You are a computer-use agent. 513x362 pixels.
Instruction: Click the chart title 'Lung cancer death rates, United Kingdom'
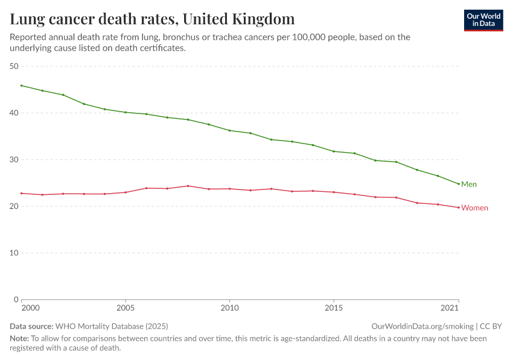pos(152,19)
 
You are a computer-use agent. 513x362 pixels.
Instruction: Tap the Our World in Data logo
pos(483,20)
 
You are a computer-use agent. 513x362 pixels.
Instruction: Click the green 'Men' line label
pos(469,185)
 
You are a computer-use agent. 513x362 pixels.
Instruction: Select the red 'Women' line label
pos(474,208)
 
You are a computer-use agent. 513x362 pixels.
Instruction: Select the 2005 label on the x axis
pos(126,308)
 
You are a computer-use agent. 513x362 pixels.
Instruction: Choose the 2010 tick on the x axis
pos(229,308)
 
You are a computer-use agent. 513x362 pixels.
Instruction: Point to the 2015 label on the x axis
pos(334,308)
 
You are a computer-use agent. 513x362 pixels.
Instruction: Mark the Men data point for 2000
pos(22,86)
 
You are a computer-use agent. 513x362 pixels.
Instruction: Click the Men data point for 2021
pos(459,184)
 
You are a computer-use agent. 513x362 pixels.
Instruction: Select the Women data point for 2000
pos(22,193)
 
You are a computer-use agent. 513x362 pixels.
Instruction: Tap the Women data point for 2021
pos(459,208)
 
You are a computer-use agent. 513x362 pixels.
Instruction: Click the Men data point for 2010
pos(229,130)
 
